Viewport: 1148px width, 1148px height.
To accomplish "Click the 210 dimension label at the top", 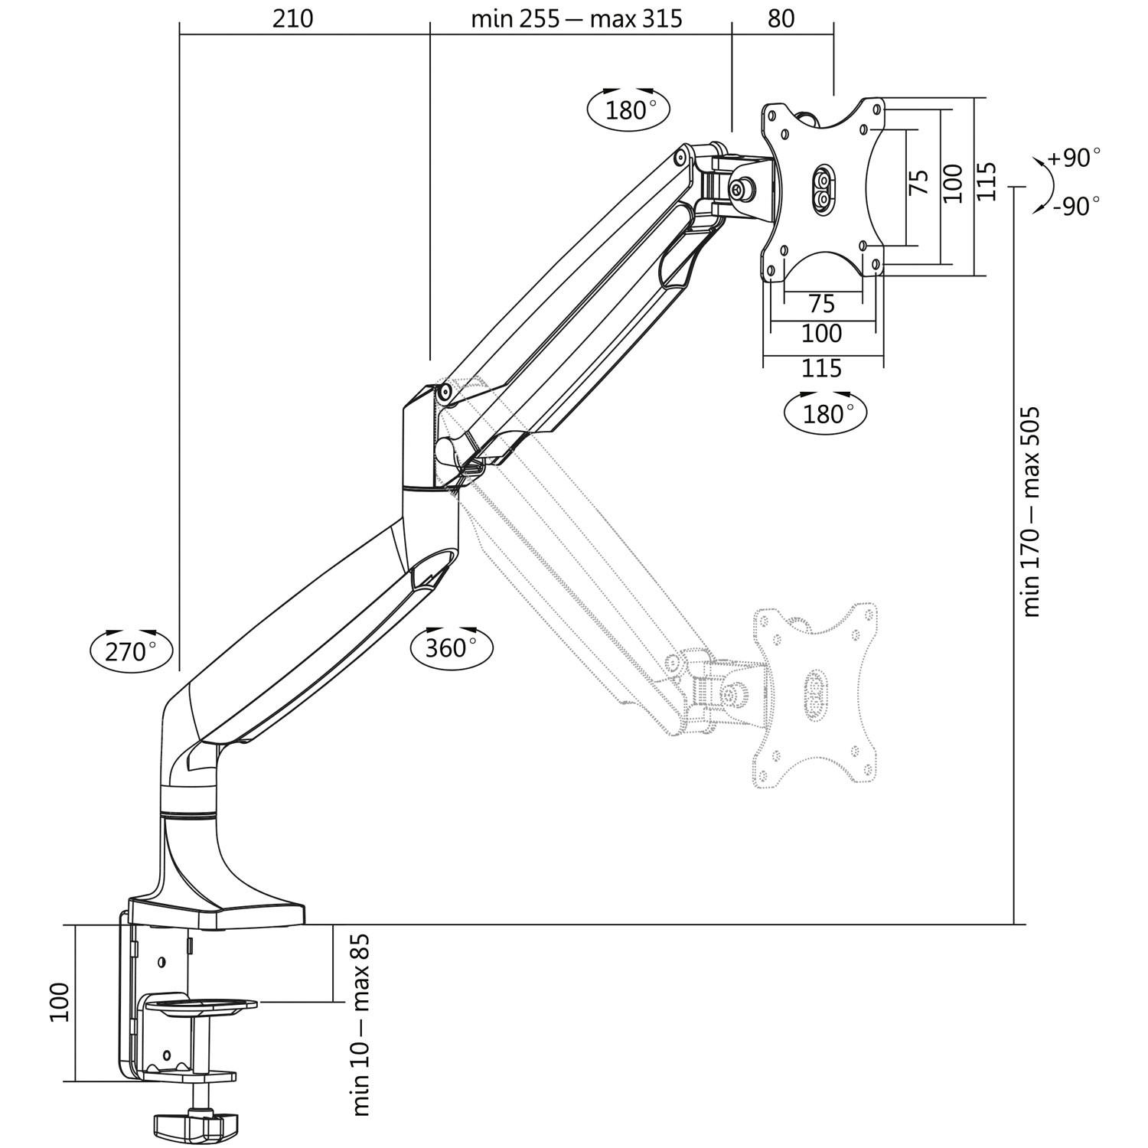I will tap(292, 18).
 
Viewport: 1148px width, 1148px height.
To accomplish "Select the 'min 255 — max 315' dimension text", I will tap(576, 18).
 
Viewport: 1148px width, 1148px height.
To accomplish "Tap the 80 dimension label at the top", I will tap(781, 18).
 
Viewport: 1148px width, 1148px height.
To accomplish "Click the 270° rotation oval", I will tap(131, 651).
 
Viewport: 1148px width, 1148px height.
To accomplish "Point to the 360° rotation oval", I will tap(452, 647).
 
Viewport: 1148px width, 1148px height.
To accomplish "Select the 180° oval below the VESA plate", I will tap(826, 413).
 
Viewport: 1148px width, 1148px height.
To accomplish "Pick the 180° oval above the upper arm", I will tap(628, 110).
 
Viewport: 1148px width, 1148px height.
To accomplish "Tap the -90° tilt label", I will tap(1075, 206).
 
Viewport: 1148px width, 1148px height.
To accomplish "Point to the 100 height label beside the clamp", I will tap(60, 1002).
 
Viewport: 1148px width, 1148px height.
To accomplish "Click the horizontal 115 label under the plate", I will tap(821, 368).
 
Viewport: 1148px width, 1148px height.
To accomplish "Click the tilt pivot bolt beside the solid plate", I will tap(742, 189).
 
